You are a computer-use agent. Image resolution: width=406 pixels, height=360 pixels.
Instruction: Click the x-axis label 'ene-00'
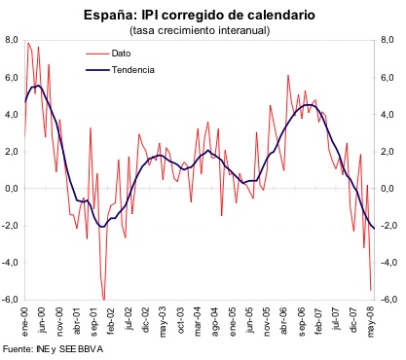tap(26, 319)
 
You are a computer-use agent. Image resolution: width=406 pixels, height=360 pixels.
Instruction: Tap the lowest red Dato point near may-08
tap(371, 290)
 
